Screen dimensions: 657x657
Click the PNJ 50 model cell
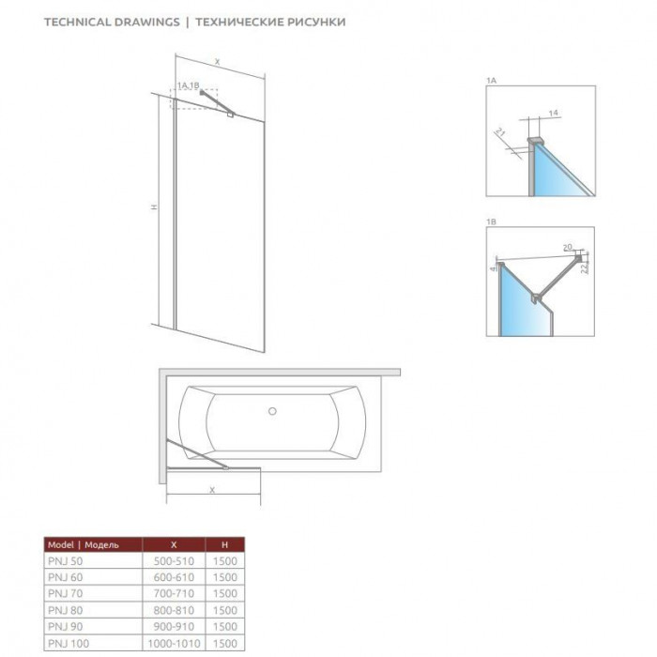pyautogui.click(x=66, y=561)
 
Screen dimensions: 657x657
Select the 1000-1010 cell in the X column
pyautogui.click(x=174, y=643)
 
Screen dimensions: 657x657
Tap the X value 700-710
pyautogui.click(x=174, y=594)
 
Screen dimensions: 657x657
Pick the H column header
pyautogui.click(x=225, y=544)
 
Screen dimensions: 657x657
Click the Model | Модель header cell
pyautogui.click(x=84, y=544)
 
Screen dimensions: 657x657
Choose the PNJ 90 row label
pyautogui.click(x=66, y=626)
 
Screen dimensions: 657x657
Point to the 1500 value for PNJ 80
pyautogui.click(x=225, y=610)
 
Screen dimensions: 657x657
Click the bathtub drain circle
pyautogui.click(x=272, y=411)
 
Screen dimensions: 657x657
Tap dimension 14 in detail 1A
pyautogui.click(x=553, y=113)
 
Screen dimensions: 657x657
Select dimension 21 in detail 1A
pyautogui.click(x=500, y=133)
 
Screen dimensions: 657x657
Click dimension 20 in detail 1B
pyautogui.click(x=567, y=247)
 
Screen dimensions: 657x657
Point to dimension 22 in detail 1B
pyautogui.click(x=585, y=267)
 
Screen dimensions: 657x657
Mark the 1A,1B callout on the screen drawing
pyautogui.click(x=188, y=85)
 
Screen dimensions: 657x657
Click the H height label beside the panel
pyautogui.click(x=155, y=206)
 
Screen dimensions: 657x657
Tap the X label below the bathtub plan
pyautogui.click(x=212, y=490)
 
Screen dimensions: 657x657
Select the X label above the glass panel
pyautogui.click(x=217, y=62)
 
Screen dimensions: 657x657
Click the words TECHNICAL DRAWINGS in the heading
pyautogui.click(x=112, y=22)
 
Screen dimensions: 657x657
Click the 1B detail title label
pyautogui.click(x=491, y=222)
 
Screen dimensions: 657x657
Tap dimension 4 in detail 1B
pyautogui.click(x=493, y=267)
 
